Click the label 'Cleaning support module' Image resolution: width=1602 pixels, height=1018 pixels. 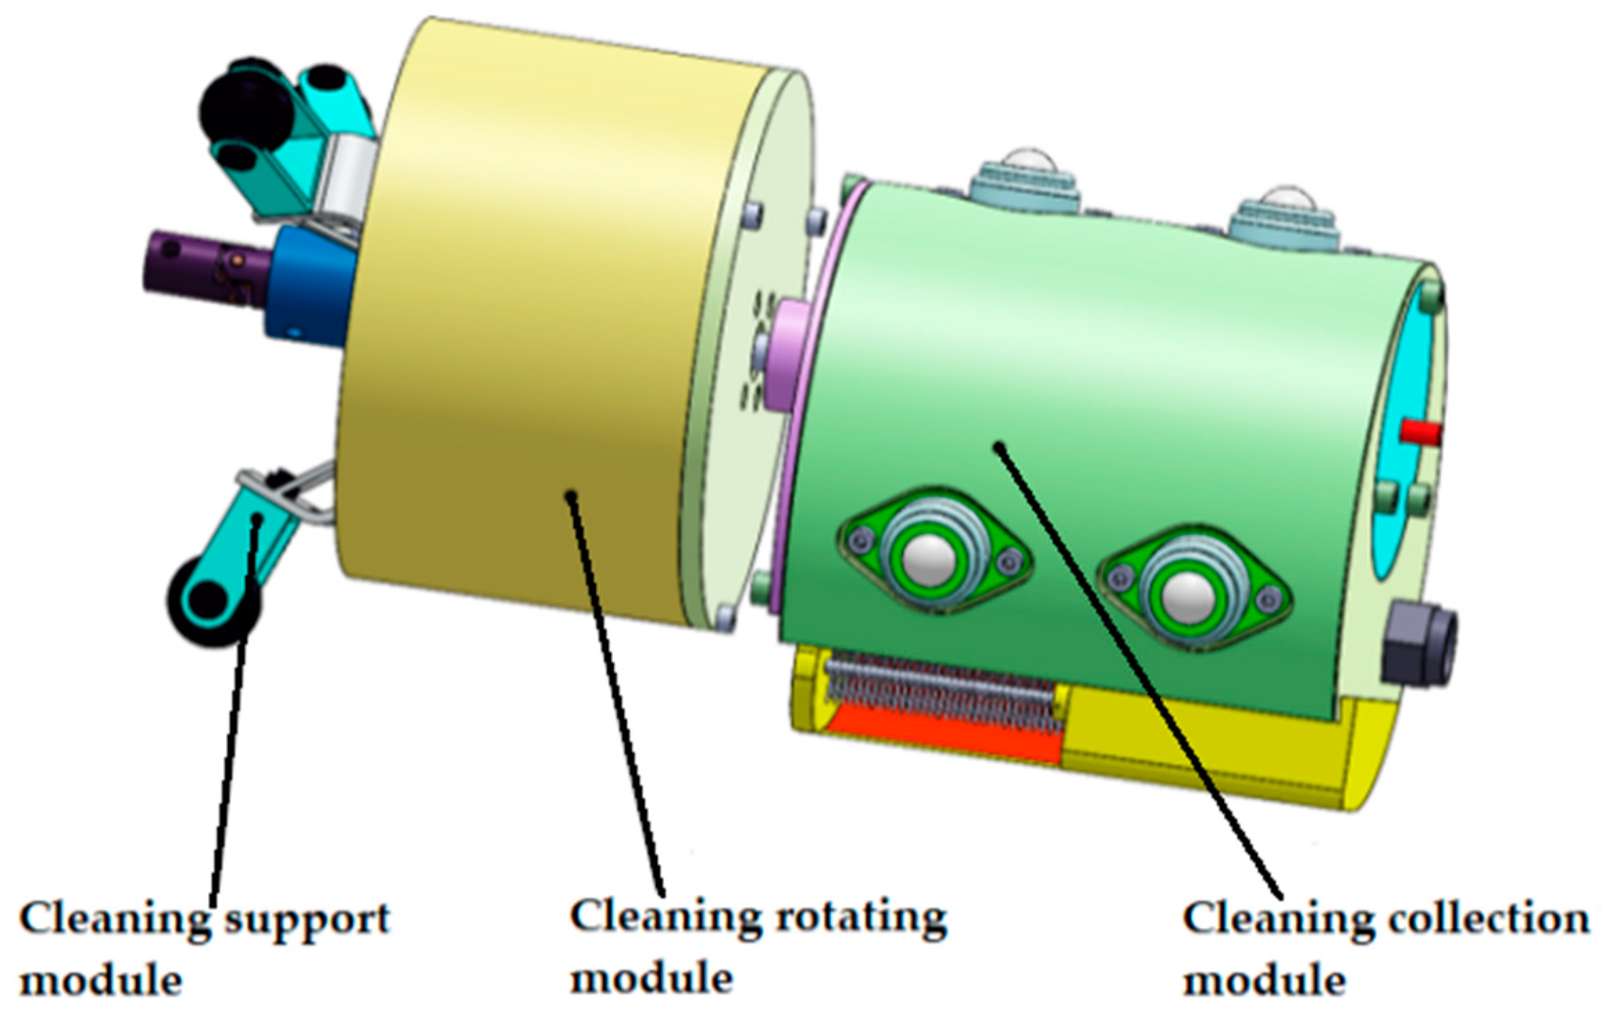pyautogui.click(x=204, y=949)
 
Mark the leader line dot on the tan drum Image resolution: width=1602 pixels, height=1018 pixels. pyautogui.click(x=570, y=495)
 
